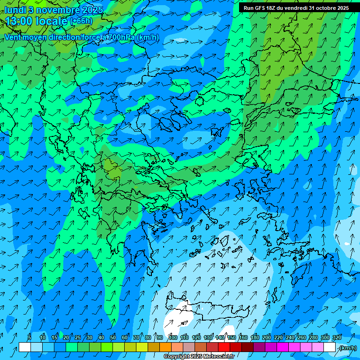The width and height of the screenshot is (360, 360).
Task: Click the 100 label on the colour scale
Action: (173, 337)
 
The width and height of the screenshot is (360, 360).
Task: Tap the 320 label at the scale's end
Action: (337, 337)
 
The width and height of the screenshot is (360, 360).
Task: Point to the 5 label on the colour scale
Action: (30, 337)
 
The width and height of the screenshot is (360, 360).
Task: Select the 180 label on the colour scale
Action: (255, 337)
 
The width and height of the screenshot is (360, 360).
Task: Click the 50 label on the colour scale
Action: (113, 337)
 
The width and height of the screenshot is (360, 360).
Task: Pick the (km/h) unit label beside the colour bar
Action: (347, 348)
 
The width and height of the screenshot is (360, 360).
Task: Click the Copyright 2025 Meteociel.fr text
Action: (199, 357)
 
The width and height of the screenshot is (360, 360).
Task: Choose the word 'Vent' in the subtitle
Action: (13, 37)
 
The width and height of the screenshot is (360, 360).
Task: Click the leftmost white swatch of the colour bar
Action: (25, 347)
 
